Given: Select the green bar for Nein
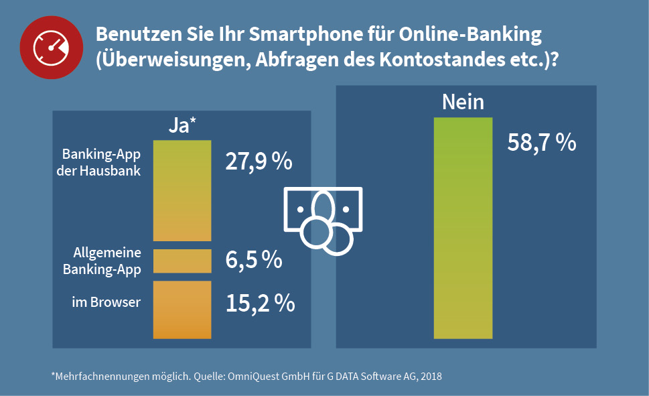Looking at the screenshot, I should tap(463, 228).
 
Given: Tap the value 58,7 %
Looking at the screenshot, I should tap(542, 143).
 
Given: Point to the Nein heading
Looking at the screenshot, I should tap(463, 103).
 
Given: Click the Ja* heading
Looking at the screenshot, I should tap(182, 125).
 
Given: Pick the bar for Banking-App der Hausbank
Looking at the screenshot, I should tap(182, 190).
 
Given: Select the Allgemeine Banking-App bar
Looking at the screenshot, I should tap(182, 261).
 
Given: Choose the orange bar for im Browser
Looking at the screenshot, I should tap(182, 310).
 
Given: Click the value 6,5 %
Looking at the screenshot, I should tap(253, 260).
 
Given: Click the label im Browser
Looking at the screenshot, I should tap(106, 302).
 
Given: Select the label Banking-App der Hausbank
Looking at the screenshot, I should tap(101, 161).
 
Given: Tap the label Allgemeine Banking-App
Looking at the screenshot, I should tap(102, 261).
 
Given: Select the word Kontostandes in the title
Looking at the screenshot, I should tap(436, 59).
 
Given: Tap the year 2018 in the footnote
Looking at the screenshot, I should tap(429, 376).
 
